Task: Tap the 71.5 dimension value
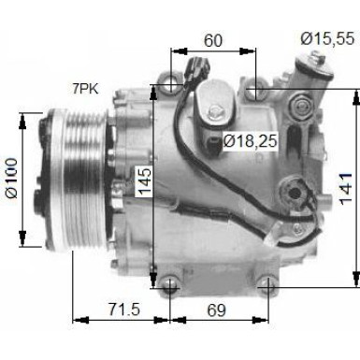[117, 309]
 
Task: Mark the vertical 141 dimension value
[345, 192]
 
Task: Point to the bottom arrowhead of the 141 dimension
[355, 279]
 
